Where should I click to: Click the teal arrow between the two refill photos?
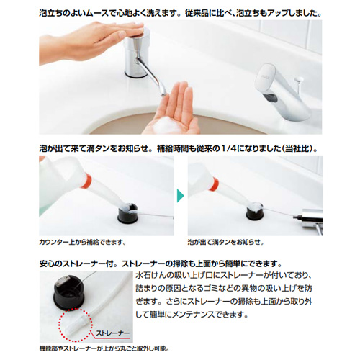pyautogui.click(x=180, y=196)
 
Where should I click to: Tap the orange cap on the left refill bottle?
pyautogui.click(x=86, y=181)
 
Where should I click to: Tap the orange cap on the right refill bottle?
pyautogui.click(x=214, y=184)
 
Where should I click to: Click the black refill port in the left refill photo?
pyautogui.click(x=127, y=214)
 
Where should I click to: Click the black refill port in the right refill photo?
pyautogui.click(x=255, y=212)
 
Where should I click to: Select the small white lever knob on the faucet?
pyautogui.click(x=300, y=78)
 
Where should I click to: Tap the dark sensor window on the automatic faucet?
pyautogui.click(x=271, y=98)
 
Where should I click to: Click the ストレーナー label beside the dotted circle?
pyautogui.click(x=112, y=333)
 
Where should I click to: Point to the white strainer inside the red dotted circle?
pyautogui.click(x=73, y=325)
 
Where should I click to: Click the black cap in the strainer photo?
pyautogui.click(x=68, y=292)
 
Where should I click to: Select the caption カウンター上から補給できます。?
pyautogui.click(x=83, y=242)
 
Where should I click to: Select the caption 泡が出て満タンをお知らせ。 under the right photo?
pyautogui.click(x=225, y=242)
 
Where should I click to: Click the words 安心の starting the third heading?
pyautogui.click(x=50, y=264)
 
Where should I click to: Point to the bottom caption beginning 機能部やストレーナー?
pyautogui.click(x=104, y=348)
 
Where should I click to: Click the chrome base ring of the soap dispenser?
pyautogui.click(x=136, y=73)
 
